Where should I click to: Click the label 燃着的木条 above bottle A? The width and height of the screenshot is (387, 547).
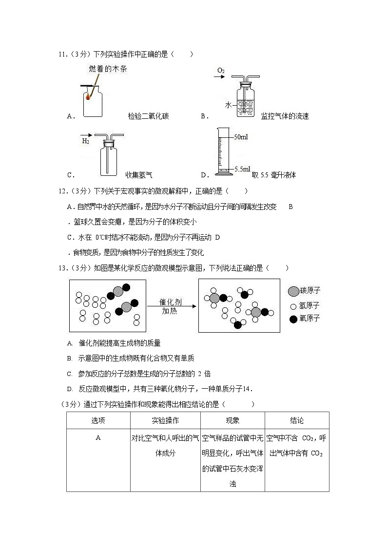108,69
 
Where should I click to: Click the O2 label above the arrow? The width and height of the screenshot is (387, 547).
221,71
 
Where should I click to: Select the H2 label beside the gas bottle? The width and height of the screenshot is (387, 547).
86,141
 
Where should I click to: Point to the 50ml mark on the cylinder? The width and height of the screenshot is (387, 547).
241,137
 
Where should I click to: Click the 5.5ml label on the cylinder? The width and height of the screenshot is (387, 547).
242,169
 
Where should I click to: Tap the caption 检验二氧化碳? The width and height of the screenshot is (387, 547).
148,116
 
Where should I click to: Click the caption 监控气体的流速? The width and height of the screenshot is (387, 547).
285,116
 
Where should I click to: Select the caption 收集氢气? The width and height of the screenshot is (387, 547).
139,175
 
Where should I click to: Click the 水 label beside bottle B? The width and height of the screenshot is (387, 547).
228,105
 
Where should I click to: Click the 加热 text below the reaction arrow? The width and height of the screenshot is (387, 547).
170,311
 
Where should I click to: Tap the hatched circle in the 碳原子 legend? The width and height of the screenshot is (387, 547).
293,291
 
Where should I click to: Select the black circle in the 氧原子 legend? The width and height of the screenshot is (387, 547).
293,319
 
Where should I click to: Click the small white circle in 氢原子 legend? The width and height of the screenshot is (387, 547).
293,306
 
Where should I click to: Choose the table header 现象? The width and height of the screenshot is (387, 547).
232,420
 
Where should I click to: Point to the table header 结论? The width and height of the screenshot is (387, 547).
296,420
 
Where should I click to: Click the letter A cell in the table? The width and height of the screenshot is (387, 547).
98,438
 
